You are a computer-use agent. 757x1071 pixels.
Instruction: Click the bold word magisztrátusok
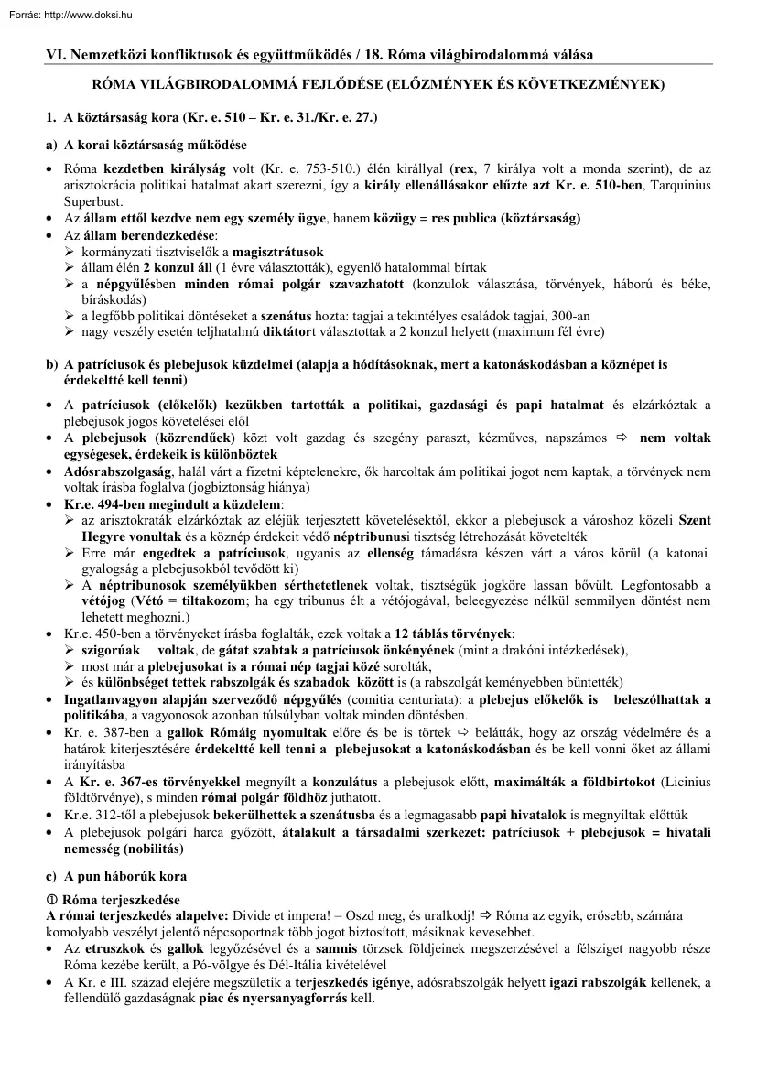pos(278,251)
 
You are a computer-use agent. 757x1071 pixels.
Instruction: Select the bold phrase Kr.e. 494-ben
pos(104,503)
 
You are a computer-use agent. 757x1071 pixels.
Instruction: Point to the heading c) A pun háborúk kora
pos(116,876)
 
